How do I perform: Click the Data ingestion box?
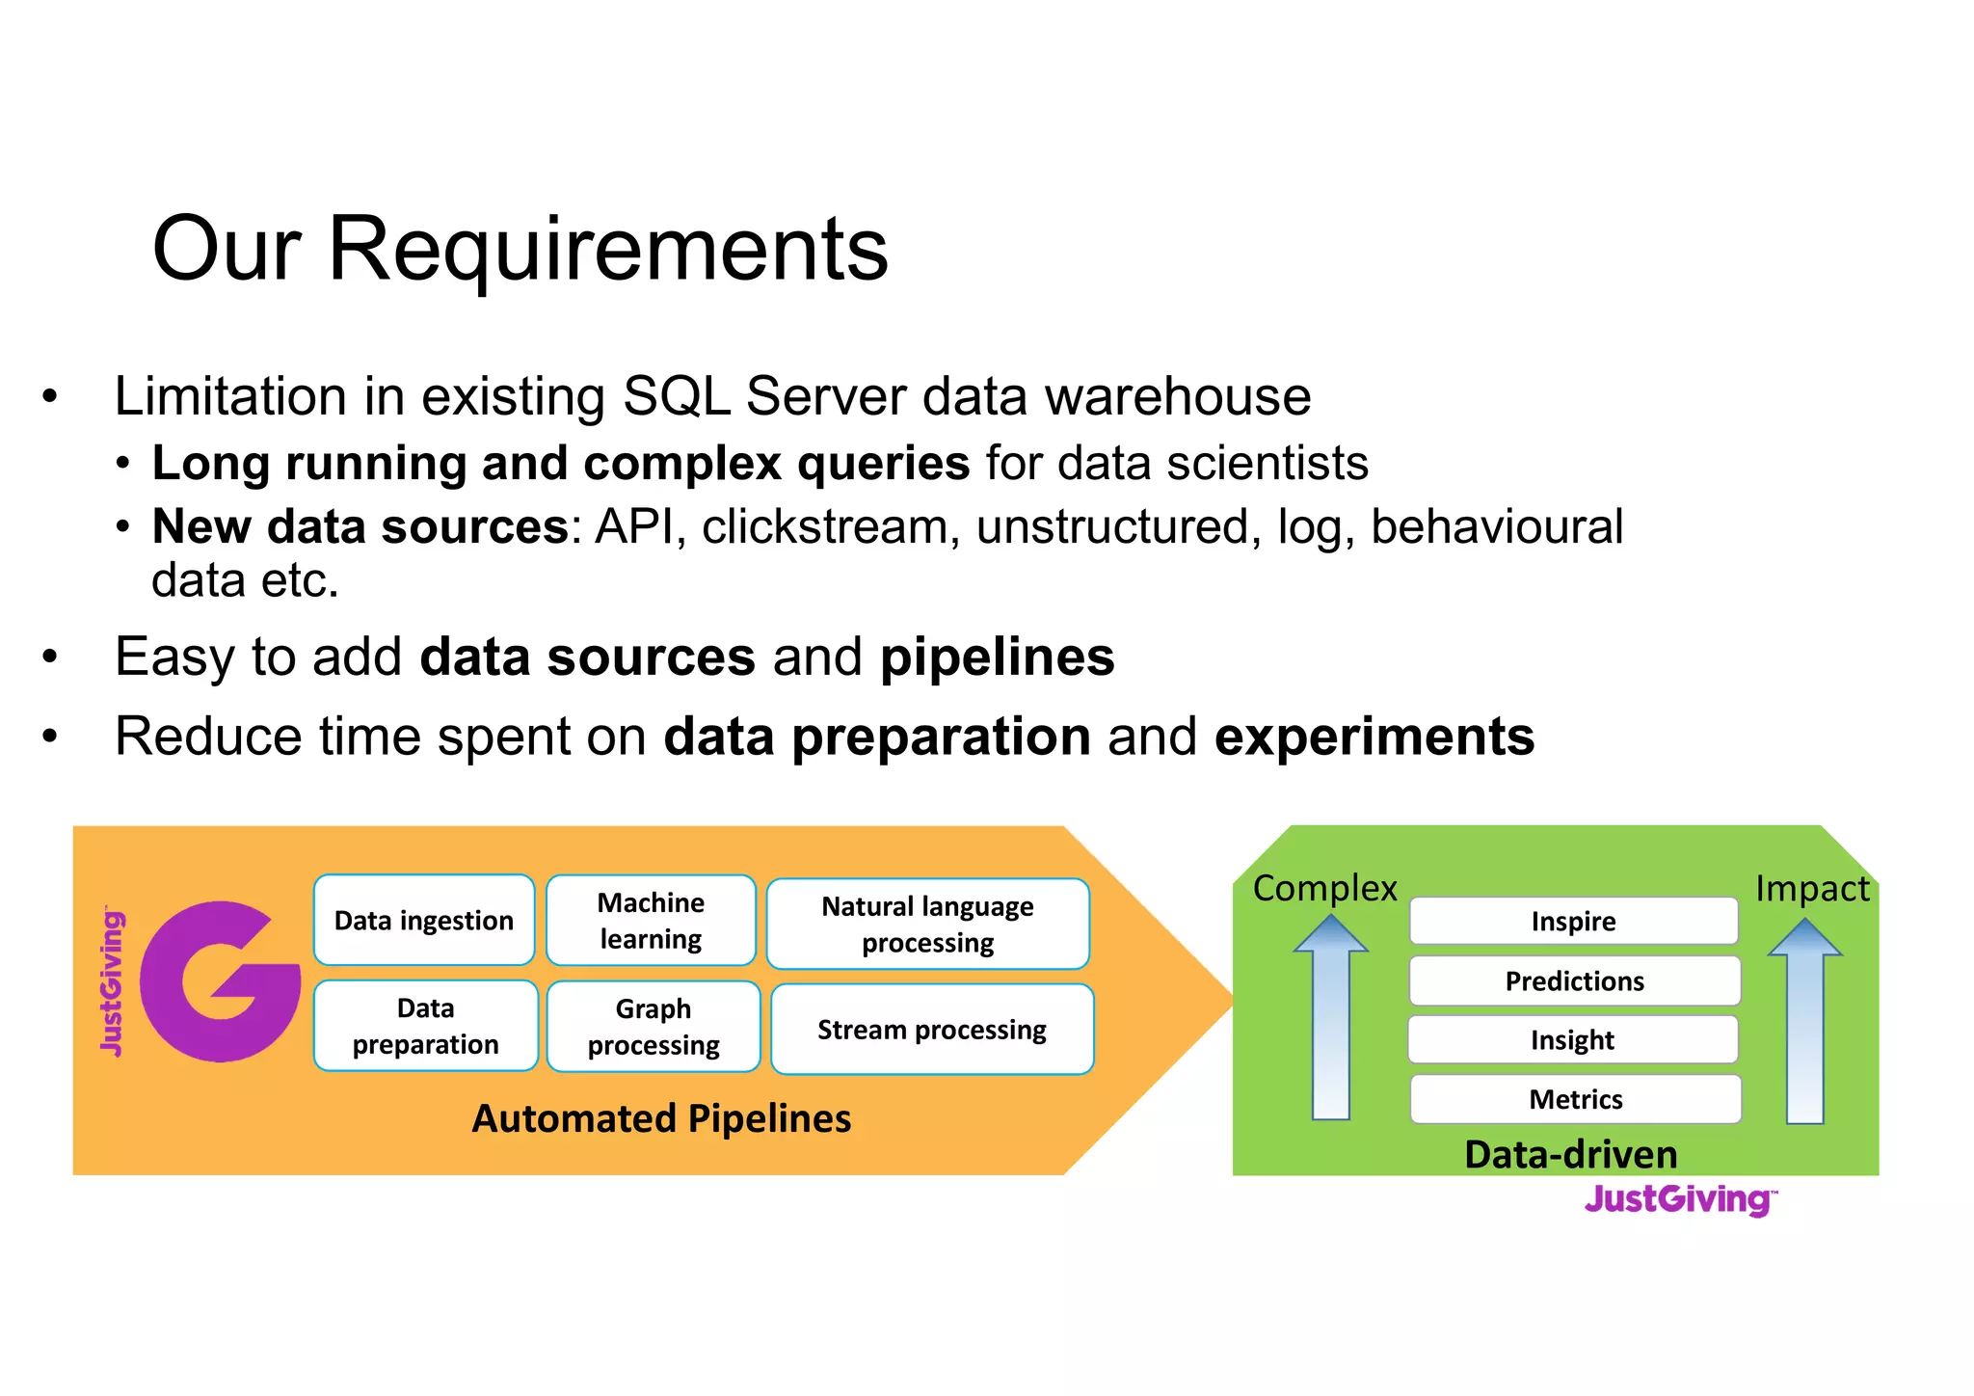(x=424, y=920)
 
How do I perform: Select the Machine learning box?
(x=651, y=920)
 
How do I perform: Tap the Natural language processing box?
(x=927, y=924)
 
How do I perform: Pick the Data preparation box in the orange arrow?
(x=425, y=1026)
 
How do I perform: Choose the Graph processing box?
(x=654, y=1027)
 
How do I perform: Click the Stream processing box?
(x=931, y=1029)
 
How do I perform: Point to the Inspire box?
(x=1573, y=921)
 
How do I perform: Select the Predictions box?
(x=1574, y=980)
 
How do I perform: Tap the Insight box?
(x=1572, y=1039)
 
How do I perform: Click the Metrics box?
(x=1575, y=1099)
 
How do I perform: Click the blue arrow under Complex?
(x=1330, y=1022)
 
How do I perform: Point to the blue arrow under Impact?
(x=1804, y=1024)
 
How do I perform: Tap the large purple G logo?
(x=220, y=981)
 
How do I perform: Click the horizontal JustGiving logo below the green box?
(x=1680, y=1199)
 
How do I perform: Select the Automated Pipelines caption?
(x=661, y=1118)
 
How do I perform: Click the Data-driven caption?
(x=1570, y=1154)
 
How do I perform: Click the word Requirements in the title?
(x=607, y=249)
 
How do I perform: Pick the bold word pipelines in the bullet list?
(x=997, y=658)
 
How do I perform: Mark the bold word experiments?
(x=1374, y=737)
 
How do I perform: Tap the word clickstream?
(x=830, y=527)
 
